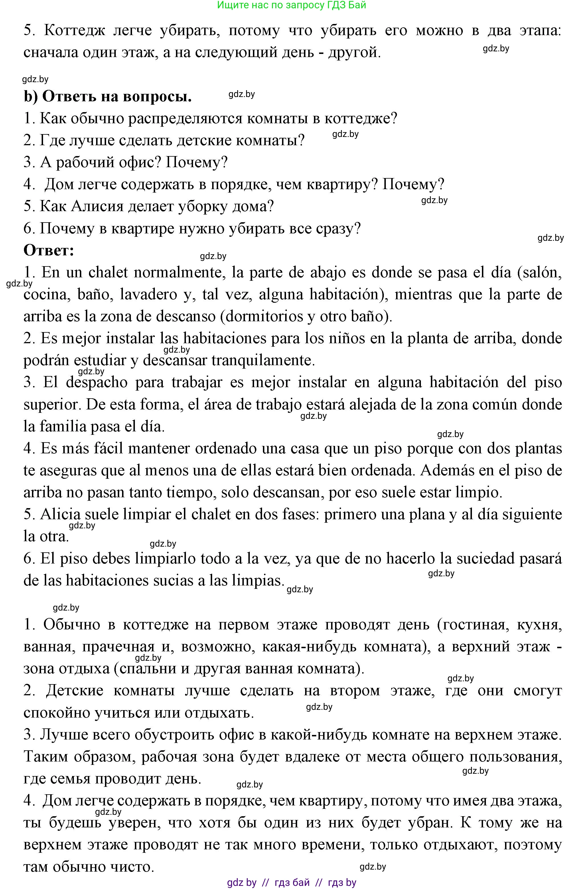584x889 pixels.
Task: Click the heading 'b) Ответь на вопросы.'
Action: tap(108, 96)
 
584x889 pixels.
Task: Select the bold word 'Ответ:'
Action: tap(49, 250)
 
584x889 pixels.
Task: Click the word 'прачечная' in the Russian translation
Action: tap(118, 646)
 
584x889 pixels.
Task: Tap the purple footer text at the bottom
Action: tap(292, 882)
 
